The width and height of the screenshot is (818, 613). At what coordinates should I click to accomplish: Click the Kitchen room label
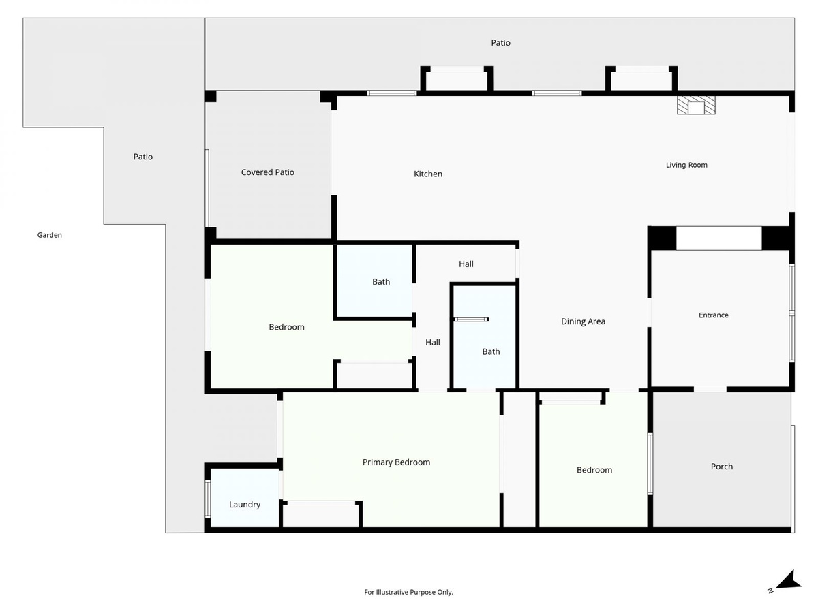(x=428, y=174)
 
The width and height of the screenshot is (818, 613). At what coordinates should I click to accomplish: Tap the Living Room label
(x=686, y=165)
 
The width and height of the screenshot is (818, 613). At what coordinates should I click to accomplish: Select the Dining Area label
(x=583, y=321)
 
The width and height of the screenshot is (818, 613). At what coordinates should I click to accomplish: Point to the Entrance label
(x=713, y=315)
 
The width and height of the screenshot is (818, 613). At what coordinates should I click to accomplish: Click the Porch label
(x=721, y=467)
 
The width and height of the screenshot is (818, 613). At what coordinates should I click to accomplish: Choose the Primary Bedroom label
(x=396, y=462)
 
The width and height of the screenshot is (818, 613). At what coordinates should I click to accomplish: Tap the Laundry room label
(x=245, y=505)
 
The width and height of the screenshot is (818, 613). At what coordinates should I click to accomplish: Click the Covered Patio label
(x=268, y=172)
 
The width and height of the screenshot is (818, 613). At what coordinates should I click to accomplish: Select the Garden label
(x=50, y=235)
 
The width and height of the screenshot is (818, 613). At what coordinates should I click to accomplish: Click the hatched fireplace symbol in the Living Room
(x=696, y=106)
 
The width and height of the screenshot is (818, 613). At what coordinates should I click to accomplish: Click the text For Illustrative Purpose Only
(x=408, y=592)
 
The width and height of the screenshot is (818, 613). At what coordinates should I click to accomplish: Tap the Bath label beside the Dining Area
(x=491, y=351)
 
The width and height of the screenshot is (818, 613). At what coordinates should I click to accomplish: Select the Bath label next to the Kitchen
(x=381, y=282)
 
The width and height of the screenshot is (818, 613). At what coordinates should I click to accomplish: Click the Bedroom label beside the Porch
(x=594, y=470)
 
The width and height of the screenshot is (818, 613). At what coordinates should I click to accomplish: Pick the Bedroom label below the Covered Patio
(x=286, y=327)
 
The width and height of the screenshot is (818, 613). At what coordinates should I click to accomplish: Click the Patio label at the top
(x=500, y=43)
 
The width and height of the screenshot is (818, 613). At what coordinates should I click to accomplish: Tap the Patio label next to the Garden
(x=142, y=157)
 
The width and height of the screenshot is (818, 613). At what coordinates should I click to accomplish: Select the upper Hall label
(x=466, y=264)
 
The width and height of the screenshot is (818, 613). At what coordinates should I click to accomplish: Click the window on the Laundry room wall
(x=208, y=499)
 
